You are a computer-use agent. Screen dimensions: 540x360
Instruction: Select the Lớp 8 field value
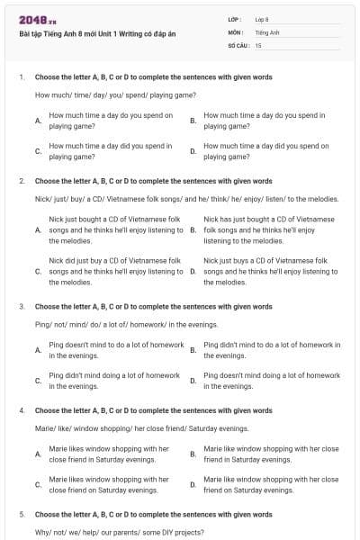coord(262,19)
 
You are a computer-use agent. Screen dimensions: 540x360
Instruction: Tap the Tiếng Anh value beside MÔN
coord(266,31)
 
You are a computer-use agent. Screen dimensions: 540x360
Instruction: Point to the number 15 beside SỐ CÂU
coord(258,44)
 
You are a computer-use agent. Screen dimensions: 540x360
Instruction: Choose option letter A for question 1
coord(37,121)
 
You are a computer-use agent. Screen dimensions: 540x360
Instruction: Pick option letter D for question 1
coord(193,150)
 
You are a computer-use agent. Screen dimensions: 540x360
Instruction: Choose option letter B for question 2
coord(193,229)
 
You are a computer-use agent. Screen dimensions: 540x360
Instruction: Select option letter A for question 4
coord(37,454)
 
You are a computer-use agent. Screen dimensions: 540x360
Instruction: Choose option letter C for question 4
coord(37,485)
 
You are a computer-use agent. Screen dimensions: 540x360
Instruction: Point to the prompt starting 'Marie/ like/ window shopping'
coord(141,428)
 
